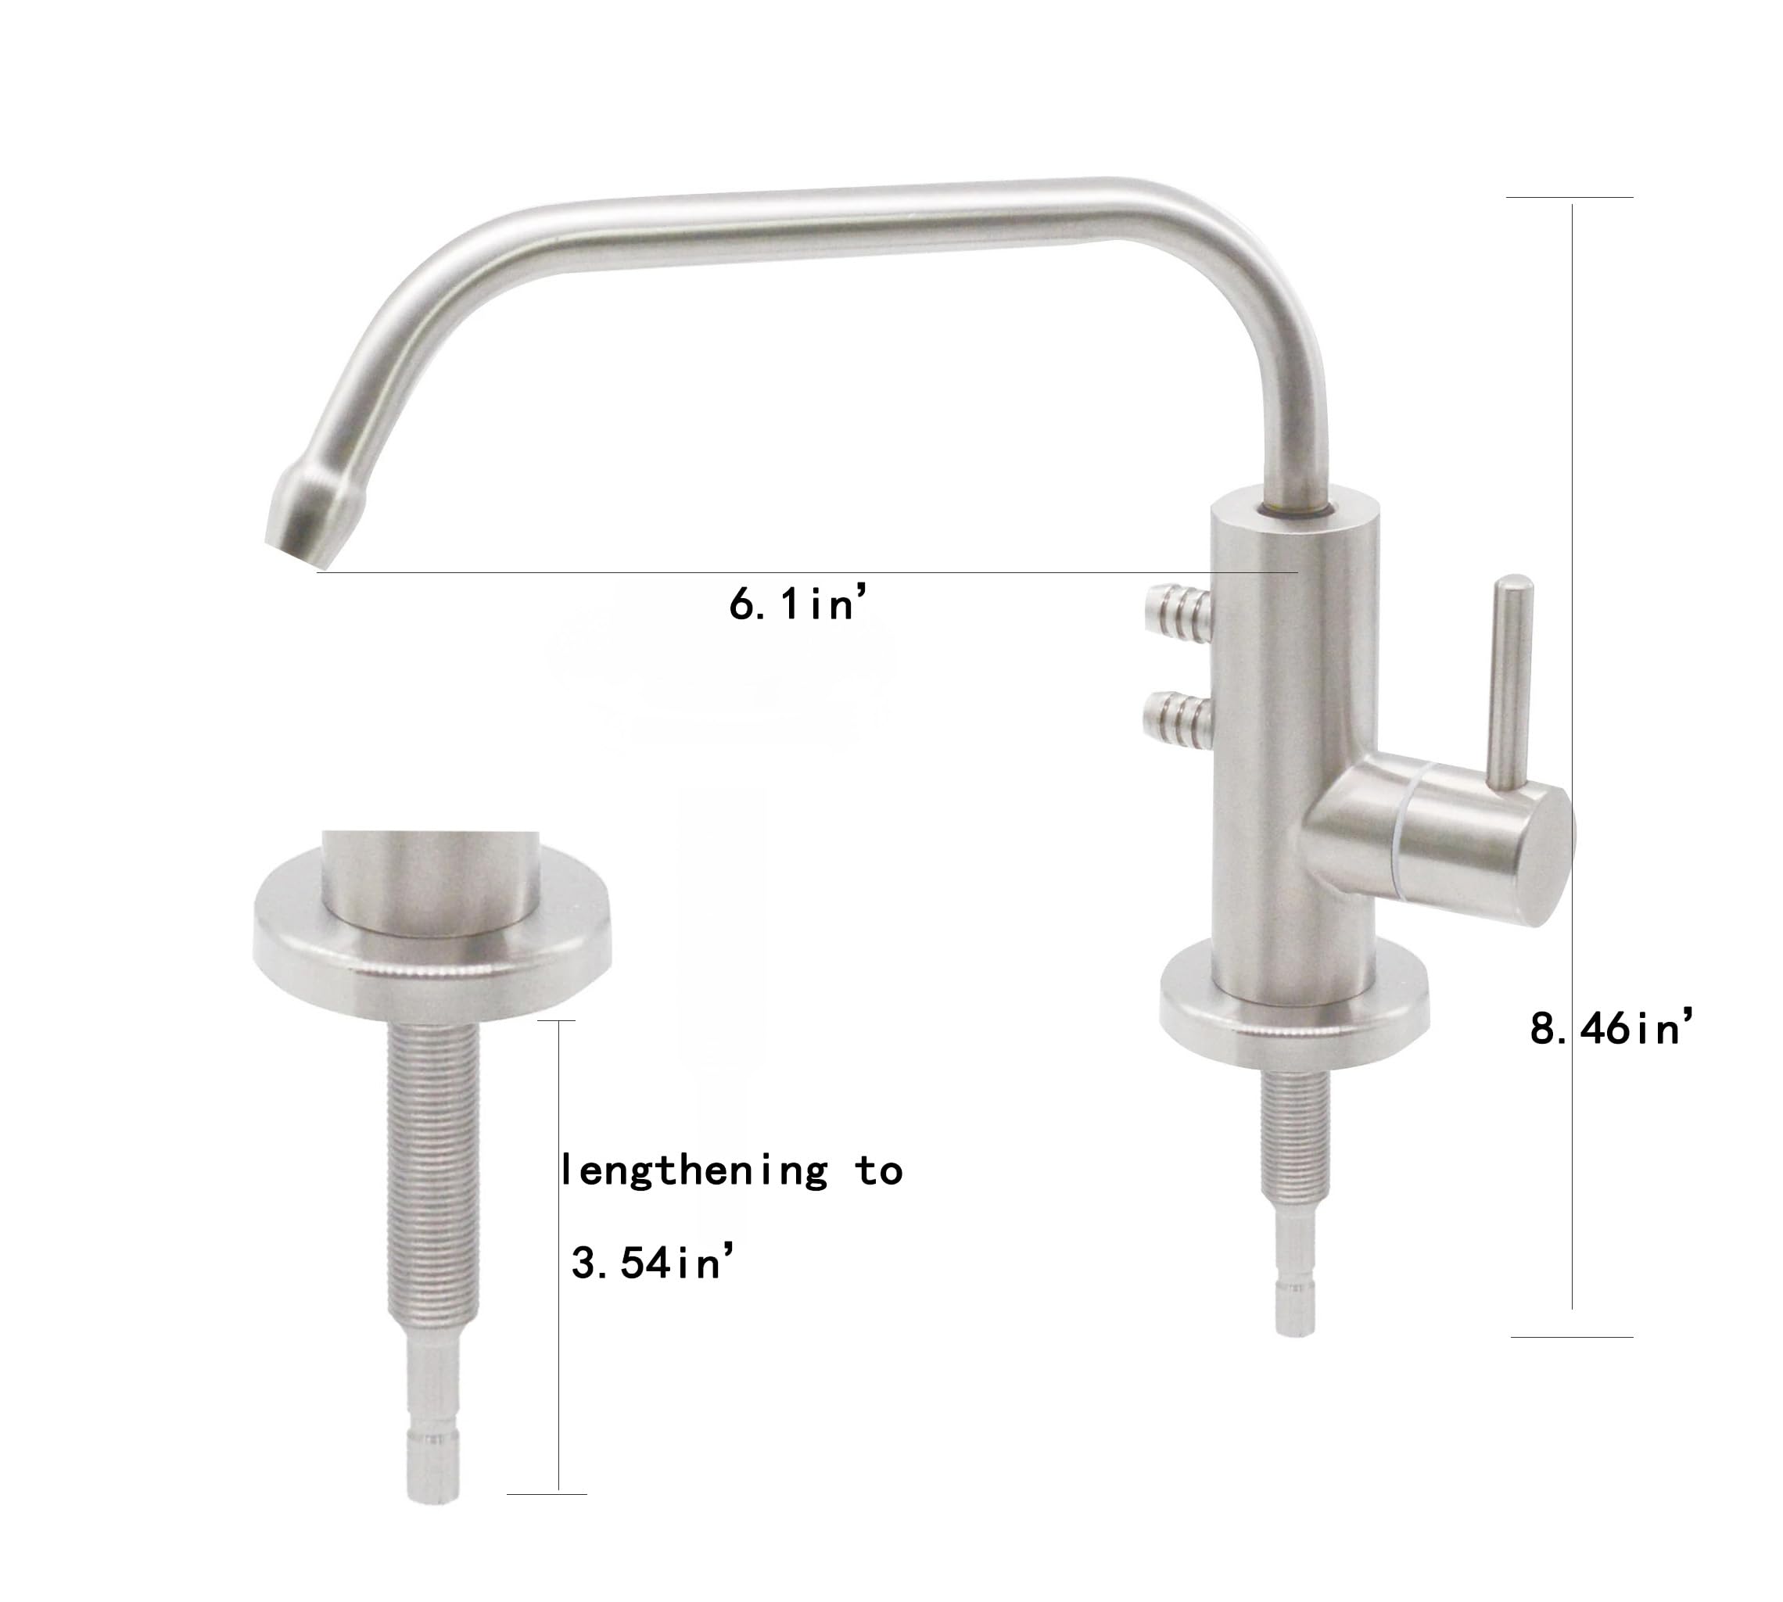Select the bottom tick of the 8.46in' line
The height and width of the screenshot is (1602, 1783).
pyautogui.click(x=1572, y=1337)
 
